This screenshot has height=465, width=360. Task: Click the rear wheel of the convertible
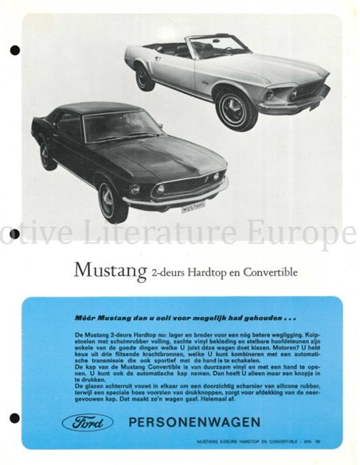pos(145,77)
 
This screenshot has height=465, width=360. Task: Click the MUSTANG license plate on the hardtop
pos(192,207)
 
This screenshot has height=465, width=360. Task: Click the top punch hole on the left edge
pos(14,51)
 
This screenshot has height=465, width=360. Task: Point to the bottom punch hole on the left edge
pos(14,419)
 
